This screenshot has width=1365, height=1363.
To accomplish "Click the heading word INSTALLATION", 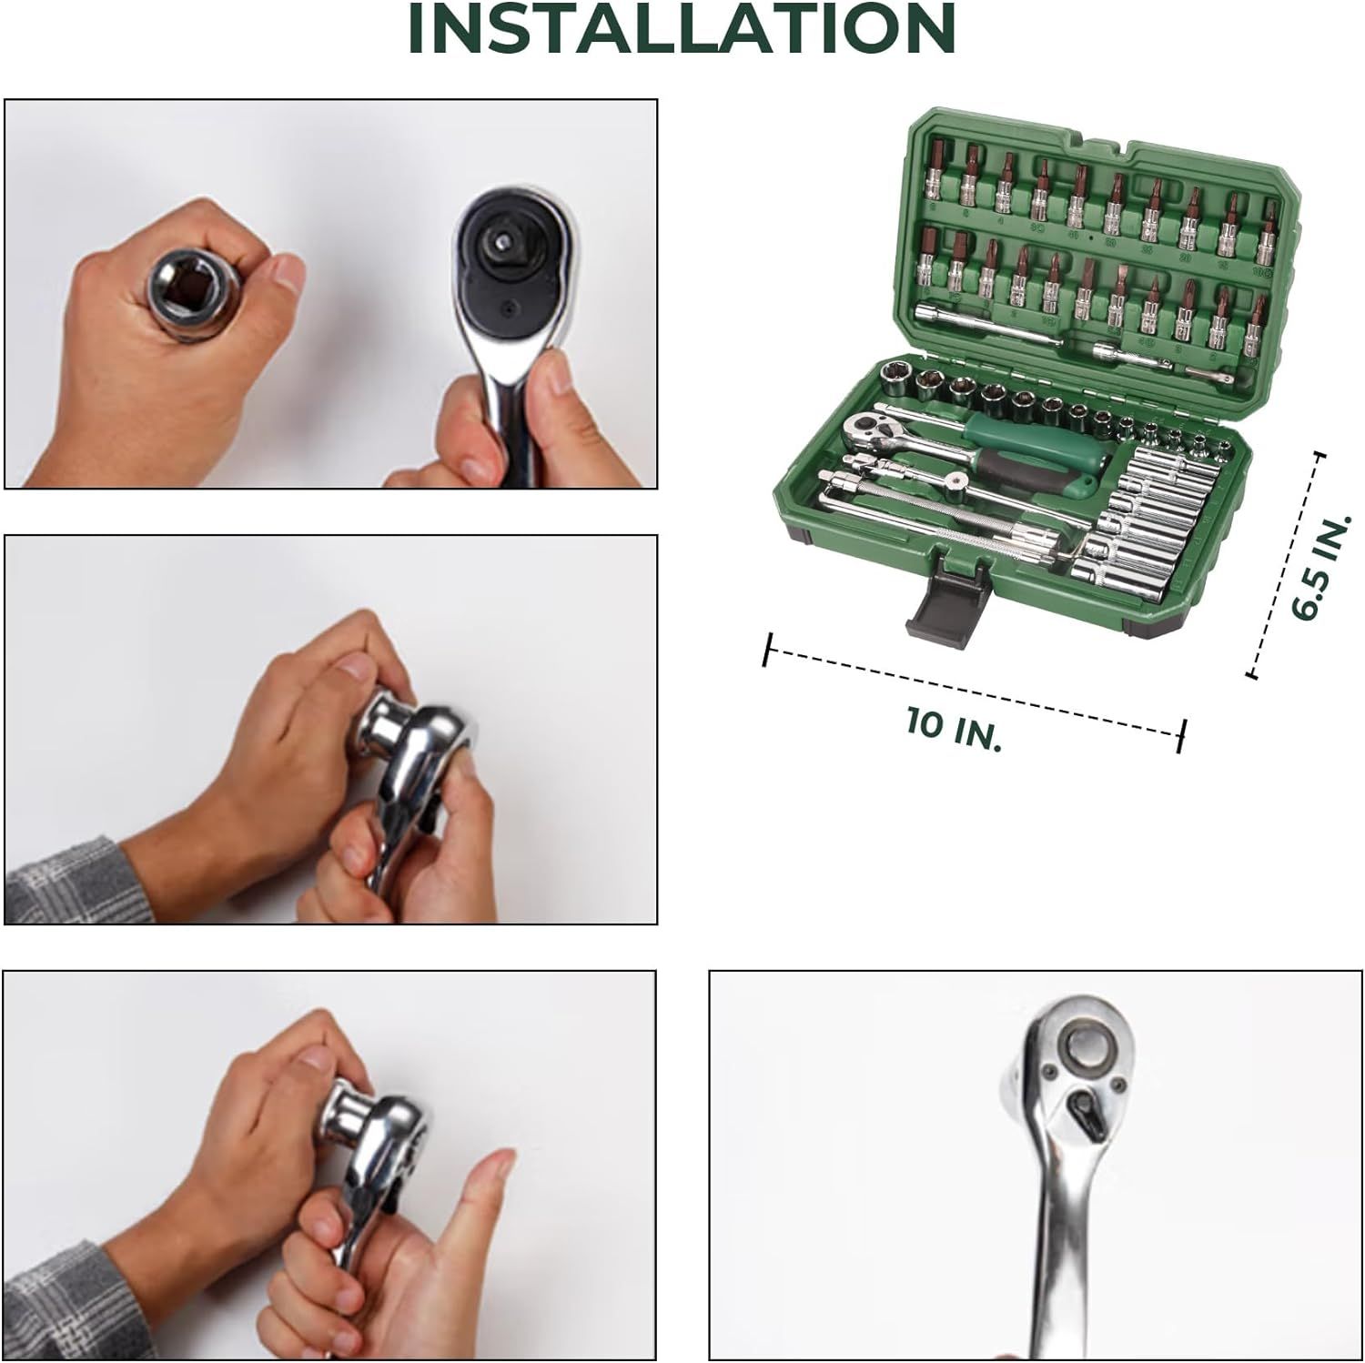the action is click(682, 29).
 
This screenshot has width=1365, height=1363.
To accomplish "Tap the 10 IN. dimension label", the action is click(953, 730).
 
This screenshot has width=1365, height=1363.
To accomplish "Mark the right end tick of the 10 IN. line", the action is click(1182, 734).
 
